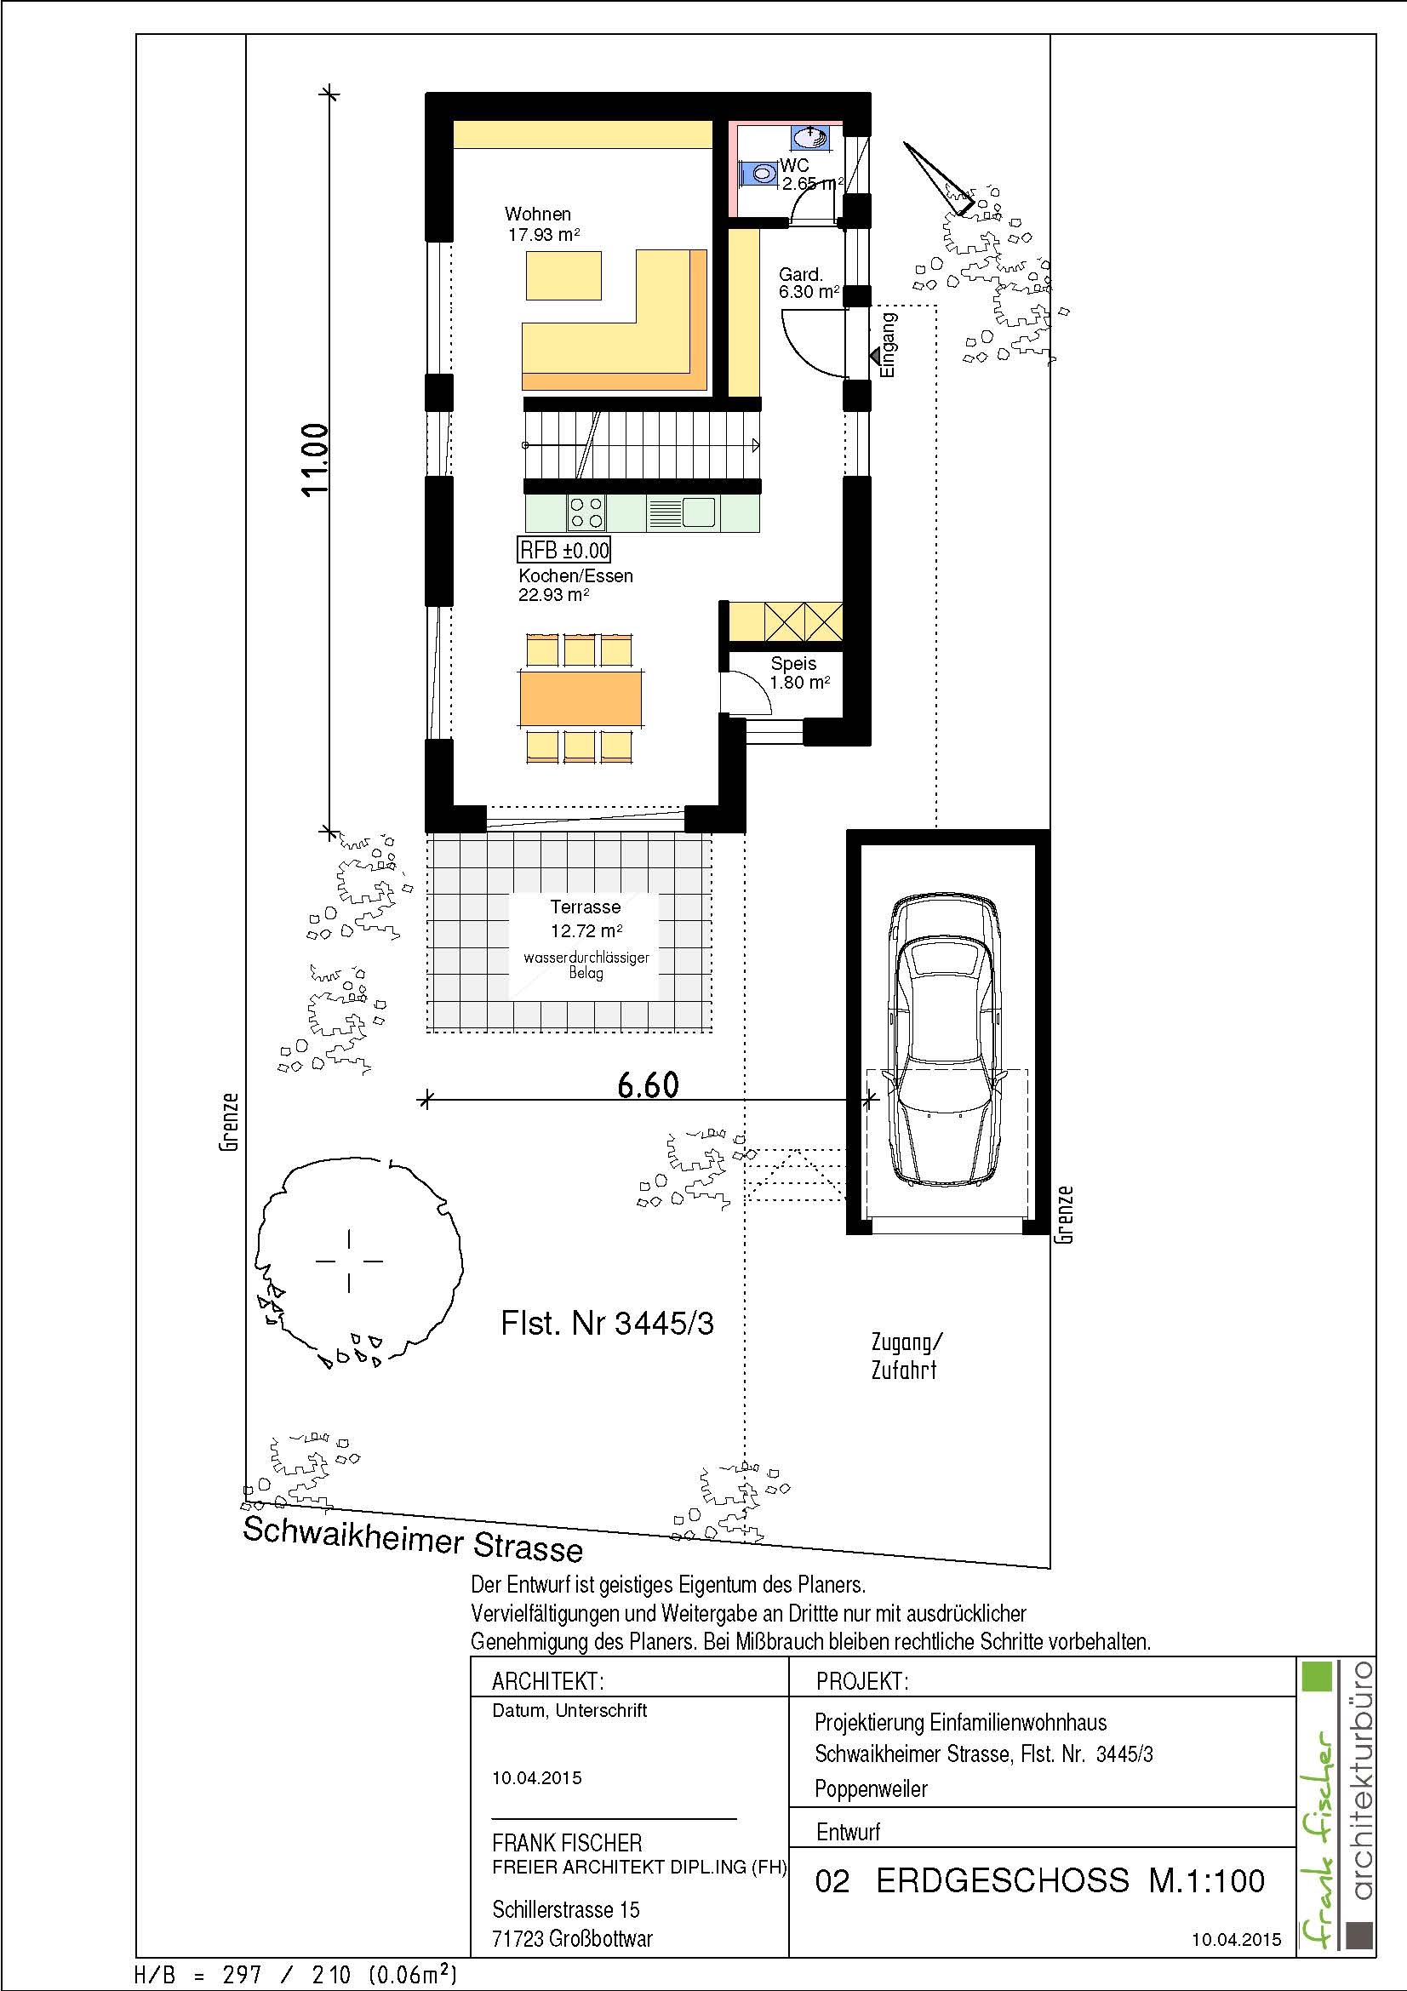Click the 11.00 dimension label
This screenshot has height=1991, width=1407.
click(316, 459)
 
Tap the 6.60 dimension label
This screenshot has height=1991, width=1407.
click(649, 1084)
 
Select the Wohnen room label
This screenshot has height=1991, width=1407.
click(537, 215)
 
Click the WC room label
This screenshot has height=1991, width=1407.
click(795, 165)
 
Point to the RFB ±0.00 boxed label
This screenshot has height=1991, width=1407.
click(564, 550)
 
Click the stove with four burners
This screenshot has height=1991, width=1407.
click(586, 512)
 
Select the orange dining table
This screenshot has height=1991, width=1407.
click(581, 699)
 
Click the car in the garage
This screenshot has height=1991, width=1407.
click(947, 1040)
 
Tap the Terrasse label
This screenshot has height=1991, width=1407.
click(585, 907)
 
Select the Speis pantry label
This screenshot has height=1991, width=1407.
click(793, 663)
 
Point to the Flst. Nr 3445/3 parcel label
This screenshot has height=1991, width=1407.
click(607, 1324)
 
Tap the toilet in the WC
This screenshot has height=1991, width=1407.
click(759, 174)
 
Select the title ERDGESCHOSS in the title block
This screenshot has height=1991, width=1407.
click(1002, 1881)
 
